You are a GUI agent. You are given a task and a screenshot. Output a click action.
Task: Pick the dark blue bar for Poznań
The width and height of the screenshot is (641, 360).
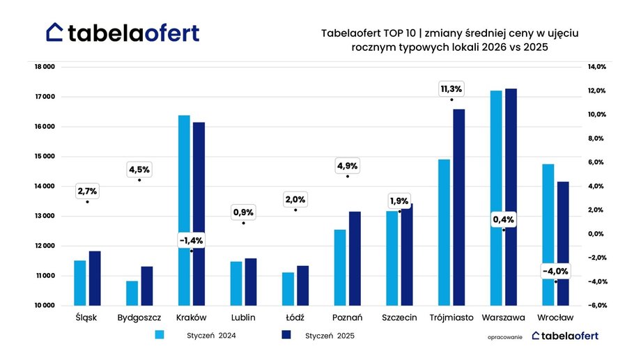(355, 258)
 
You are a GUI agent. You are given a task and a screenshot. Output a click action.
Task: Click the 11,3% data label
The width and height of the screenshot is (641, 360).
(451, 89)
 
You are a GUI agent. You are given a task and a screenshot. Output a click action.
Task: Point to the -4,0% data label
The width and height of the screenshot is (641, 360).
(555, 271)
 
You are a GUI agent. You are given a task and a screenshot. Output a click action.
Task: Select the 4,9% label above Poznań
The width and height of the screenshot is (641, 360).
(347, 166)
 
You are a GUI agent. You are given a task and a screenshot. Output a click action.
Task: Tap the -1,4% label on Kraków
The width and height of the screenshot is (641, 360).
(191, 241)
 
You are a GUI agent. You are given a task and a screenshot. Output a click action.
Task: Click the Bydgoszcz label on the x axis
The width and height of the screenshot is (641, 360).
(140, 318)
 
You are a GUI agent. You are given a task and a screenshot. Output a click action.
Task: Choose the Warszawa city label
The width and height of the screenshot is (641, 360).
(503, 318)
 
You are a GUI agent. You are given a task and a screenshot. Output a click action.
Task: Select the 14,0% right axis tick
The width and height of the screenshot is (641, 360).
(578, 67)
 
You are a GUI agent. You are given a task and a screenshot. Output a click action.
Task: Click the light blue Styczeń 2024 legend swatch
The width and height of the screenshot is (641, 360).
(160, 335)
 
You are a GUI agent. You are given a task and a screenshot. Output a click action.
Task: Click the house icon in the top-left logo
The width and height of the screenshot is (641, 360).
(55, 32)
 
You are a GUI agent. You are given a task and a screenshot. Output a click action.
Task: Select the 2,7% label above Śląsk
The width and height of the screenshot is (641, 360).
(88, 191)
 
